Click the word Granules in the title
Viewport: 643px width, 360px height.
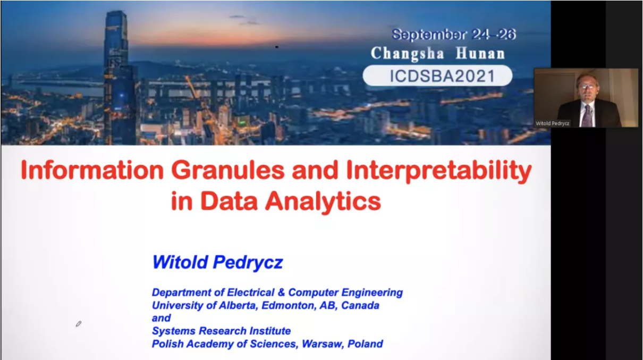(227, 170)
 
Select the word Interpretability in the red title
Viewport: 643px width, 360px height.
(439, 171)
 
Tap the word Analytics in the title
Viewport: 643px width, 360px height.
(323, 202)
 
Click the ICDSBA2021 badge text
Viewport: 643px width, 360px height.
(442, 76)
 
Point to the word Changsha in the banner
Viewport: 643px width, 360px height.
(408, 54)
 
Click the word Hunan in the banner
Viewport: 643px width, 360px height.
(480, 53)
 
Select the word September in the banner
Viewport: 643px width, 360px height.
(429, 35)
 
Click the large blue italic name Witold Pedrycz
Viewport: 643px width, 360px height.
(217, 262)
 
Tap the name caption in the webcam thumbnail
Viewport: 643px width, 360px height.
(552, 123)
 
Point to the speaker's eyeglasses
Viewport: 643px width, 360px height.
(587, 86)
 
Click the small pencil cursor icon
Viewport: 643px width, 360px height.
(78, 324)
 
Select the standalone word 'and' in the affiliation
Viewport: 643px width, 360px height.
(162, 318)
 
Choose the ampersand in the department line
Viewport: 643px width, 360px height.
(281, 292)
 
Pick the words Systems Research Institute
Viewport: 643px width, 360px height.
(221, 331)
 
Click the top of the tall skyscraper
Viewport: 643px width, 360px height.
(116, 12)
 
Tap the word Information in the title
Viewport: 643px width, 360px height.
(92, 170)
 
